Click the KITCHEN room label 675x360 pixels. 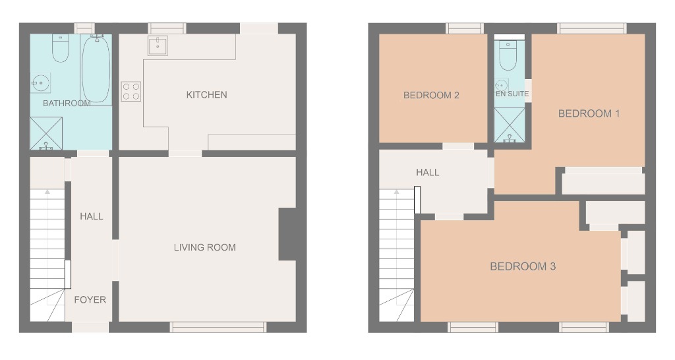coord(206,95)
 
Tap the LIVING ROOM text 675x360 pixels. coord(204,248)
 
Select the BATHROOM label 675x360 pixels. coord(67,104)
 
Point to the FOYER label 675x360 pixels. coord(90,300)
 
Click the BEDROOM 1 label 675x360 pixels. coord(589,113)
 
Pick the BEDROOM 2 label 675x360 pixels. coord(431,96)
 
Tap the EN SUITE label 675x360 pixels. coord(512,94)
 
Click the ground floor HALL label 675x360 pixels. coord(91,216)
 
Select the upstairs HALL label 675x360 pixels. coord(427,173)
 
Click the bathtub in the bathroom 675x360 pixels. coord(96,69)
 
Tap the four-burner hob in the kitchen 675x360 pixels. coord(131,91)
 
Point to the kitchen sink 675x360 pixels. coord(158,46)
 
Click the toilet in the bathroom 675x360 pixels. coord(60,49)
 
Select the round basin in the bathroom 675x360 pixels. coord(40,82)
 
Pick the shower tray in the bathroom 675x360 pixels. coord(46,133)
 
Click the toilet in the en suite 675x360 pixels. coord(508,57)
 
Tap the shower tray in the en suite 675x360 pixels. coord(510,125)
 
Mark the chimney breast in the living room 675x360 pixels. coord(287,234)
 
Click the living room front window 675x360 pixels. coord(218,327)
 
